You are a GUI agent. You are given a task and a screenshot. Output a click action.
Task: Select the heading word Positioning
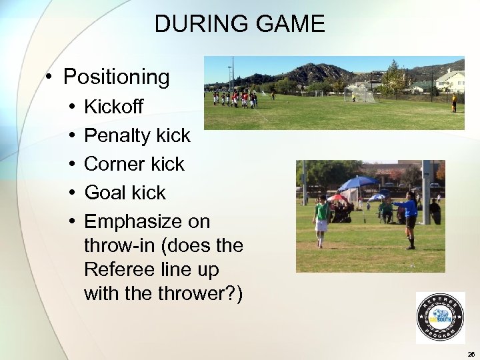tap(117, 77)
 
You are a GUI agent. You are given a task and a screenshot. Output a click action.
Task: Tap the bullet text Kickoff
tap(113, 107)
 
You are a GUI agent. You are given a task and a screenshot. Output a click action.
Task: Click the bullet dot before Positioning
tap(50, 77)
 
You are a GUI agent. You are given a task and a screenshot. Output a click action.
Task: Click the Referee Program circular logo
tap(440, 317)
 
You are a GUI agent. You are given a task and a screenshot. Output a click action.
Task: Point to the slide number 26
tap(471, 354)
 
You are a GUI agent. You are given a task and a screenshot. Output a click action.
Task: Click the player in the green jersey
tap(321, 221)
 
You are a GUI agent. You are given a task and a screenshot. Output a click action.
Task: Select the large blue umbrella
tap(358, 183)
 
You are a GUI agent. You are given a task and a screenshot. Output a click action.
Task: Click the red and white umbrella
tap(337, 197)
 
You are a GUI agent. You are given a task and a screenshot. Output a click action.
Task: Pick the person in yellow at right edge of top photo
tap(455, 102)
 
